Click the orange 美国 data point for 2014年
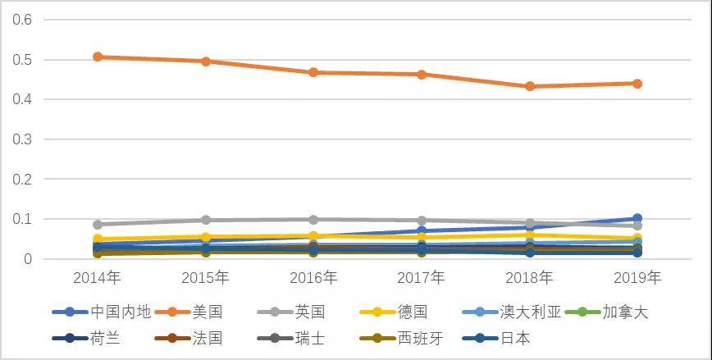tap(98, 57)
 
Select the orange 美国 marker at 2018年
tap(530, 86)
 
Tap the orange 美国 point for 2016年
tap(313, 72)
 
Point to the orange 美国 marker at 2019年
tap(637, 83)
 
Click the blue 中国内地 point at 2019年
tap(637, 219)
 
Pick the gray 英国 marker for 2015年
tap(205, 220)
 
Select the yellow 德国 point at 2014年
tap(98, 239)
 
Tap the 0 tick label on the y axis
tap(26, 259)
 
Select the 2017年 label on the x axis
tap(421, 278)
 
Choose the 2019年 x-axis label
tap(637, 278)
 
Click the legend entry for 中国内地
tap(120, 312)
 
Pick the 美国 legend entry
tap(208, 312)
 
